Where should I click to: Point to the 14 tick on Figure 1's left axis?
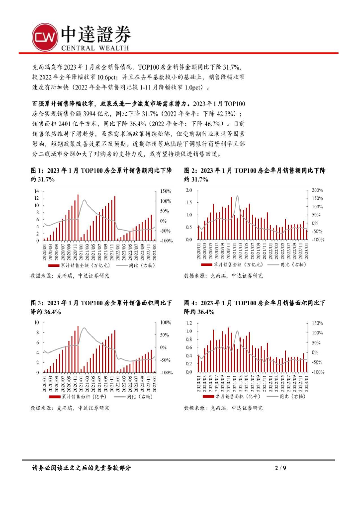point(36,191)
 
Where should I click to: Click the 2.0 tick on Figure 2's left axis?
point(188,191)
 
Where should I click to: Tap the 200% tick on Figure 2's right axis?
point(317,191)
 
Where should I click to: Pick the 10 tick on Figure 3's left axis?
point(36,322)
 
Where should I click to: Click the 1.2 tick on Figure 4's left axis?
point(188,323)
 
